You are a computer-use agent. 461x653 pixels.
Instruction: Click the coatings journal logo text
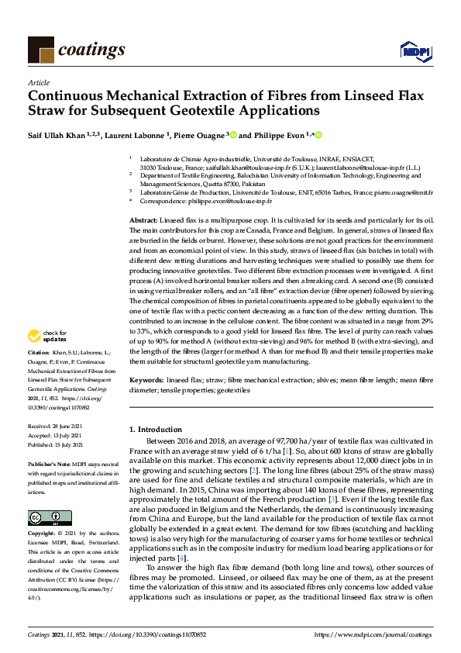pyautogui.click(x=91, y=50)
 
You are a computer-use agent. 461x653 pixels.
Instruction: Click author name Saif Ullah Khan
pyautogui.click(x=57, y=134)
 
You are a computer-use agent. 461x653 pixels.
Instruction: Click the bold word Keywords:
pyautogui.click(x=145, y=381)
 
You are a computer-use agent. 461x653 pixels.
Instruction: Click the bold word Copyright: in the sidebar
pyautogui.click(x=43, y=535)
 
